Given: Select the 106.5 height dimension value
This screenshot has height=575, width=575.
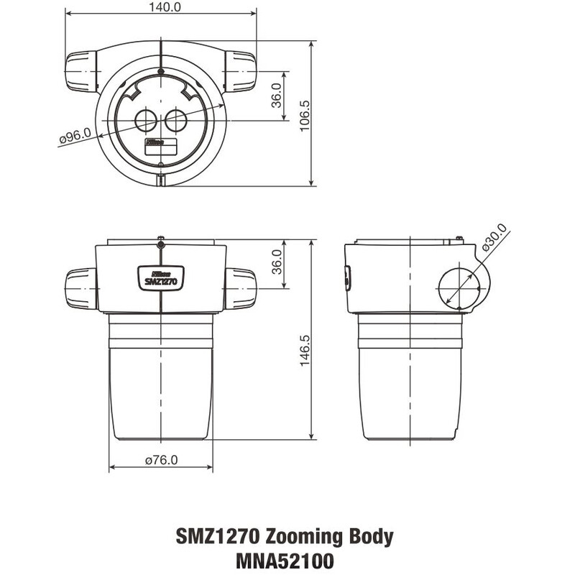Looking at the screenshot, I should coord(304,114).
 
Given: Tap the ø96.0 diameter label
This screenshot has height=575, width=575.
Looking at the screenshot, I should coord(75,136).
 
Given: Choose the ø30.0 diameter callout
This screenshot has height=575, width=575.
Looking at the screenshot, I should coord(494,238).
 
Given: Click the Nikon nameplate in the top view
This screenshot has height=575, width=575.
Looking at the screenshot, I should coord(161,144).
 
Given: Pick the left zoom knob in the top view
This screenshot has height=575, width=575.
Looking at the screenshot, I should coord(82,72).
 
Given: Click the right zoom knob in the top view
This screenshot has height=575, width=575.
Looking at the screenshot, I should coord(240,72).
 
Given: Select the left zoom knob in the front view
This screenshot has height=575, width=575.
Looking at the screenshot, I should coord(81,288).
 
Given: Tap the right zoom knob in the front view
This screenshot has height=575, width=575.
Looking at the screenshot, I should coord(241,288).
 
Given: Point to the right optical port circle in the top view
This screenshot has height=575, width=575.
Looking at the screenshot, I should coord(176,120).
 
